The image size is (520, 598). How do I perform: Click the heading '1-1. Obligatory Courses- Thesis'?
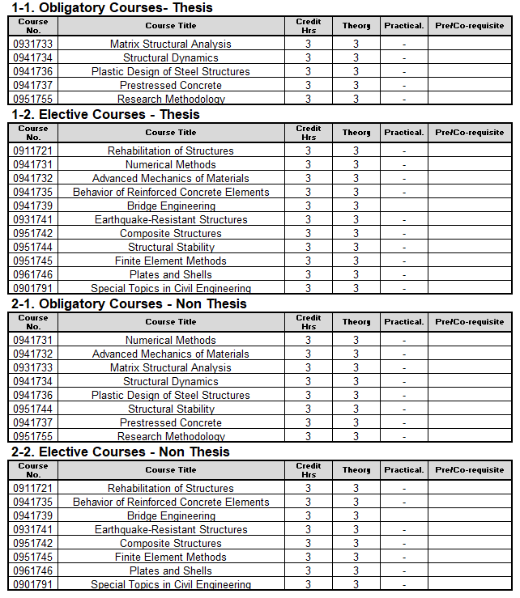click(x=112, y=7)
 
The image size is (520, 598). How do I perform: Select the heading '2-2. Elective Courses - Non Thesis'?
click(x=121, y=452)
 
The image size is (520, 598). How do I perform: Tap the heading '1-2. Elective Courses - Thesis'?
click(x=105, y=114)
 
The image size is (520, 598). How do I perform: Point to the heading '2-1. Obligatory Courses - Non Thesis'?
click(x=129, y=303)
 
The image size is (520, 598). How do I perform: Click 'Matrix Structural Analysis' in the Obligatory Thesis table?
click(x=171, y=44)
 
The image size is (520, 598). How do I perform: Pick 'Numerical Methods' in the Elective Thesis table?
click(x=171, y=164)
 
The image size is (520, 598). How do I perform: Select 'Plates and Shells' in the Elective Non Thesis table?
click(x=171, y=570)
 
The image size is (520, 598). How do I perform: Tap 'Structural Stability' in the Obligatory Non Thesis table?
click(x=171, y=409)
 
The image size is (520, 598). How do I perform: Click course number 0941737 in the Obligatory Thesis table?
click(x=32, y=85)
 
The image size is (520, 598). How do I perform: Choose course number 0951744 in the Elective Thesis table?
click(x=32, y=247)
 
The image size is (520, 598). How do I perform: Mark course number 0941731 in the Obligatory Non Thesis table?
click(x=32, y=340)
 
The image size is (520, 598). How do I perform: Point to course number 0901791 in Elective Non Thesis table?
click(x=32, y=584)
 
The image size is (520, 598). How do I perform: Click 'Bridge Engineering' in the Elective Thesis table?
click(x=171, y=206)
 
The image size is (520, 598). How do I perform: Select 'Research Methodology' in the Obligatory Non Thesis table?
click(x=171, y=436)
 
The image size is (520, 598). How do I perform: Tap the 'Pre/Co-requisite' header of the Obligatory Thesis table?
click(x=469, y=25)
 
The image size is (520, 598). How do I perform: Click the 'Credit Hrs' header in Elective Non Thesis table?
click(x=309, y=470)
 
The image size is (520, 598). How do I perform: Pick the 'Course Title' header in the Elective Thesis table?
click(x=171, y=133)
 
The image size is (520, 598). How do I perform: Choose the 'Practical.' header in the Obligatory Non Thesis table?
click(x=404, y=322)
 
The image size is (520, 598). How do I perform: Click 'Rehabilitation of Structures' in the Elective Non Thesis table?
click(x=171, y=488)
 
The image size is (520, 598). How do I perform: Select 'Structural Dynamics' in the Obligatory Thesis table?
click(x=171, y=57)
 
